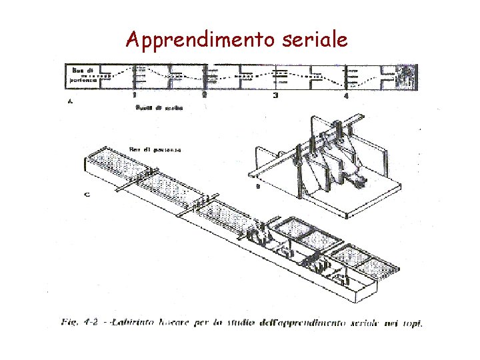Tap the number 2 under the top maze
click(x=204, y=95)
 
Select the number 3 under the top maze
click(x=275, y=95)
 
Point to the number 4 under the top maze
click(x=345, y=96)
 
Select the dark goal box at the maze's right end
click(x=405, y=77)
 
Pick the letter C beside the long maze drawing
click(x=88, y=195)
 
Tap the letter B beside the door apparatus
click(x=257, y=187)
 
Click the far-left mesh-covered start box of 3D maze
click(x=111, y=163)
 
